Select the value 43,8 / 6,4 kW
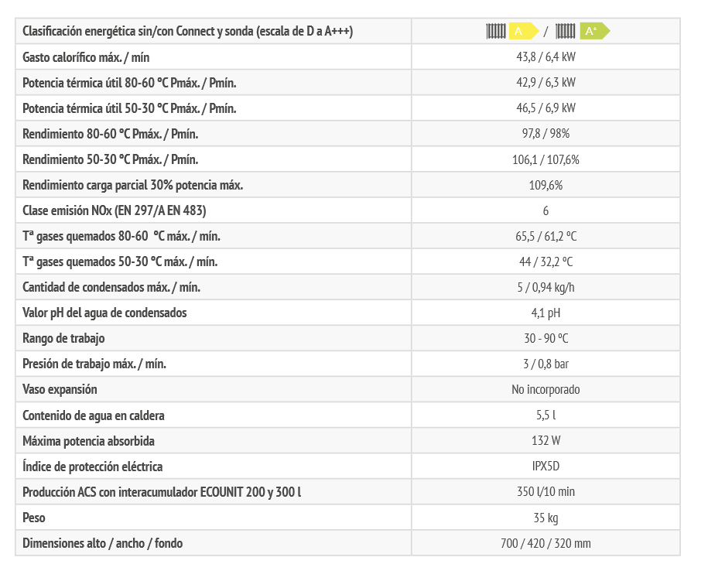tap(546, 57)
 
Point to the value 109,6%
tap(546, 186)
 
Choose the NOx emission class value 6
tap(546, 211)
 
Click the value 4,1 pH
tap(546, 313)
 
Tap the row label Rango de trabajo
tap(63, 339)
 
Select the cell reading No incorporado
tap(546, 390)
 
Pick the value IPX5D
tap(546, 467)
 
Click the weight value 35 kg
tap(546, 518)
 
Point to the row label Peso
tap(35, 518)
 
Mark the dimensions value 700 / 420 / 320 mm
tap(546, 543)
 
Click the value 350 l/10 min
tap(546, 492)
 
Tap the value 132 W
tap(546, 441)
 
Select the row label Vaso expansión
tap(60, 390)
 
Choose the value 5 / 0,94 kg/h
tap(546, 288)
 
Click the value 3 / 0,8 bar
tap(546, 364)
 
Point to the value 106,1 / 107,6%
tap(546, 160)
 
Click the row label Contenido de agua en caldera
tap(94, 415)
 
